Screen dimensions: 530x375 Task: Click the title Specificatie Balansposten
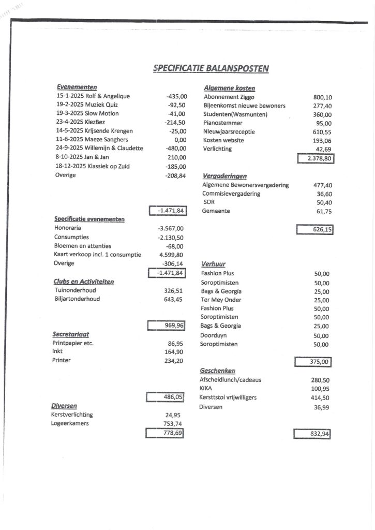[x=211, y=68]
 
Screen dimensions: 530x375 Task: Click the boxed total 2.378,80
[x=316, y=158]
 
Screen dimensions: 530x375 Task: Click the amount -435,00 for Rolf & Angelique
[x=176, y=96]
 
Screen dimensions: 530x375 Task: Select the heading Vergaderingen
[x=224, y=176]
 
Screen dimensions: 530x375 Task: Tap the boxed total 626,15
[x=314, y=229]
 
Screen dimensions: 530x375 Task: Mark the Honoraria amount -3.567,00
[x=171, y=228]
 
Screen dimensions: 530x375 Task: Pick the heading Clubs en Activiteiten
[x=83, y=282]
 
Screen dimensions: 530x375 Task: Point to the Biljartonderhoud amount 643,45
[x=173, y=299]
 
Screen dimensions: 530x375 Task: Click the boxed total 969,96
[x=167, y=326]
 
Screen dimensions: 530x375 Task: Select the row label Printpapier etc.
[x=73, y=343]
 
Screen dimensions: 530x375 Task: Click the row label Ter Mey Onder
[x=221, y=300]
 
